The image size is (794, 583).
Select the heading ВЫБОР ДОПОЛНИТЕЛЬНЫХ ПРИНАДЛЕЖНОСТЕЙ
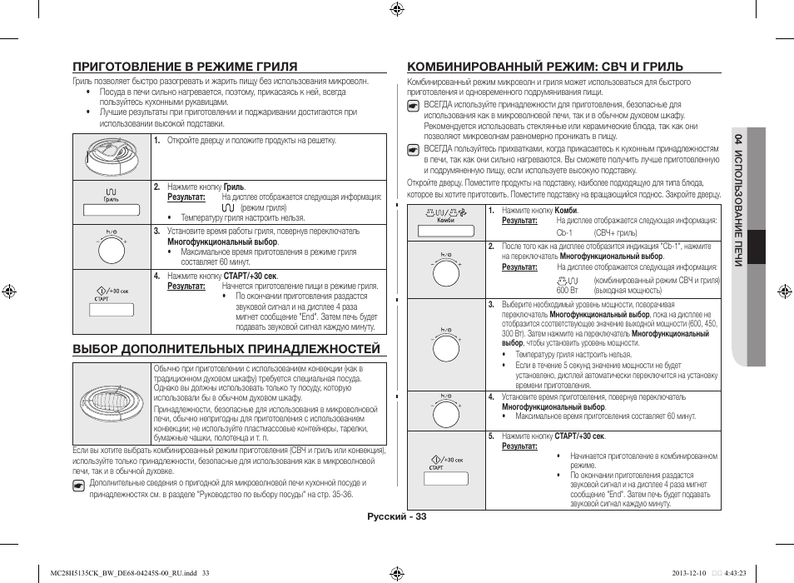tap(226, 349)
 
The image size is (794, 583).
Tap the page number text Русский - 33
tap(396, 516)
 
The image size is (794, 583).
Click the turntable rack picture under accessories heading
tap(112, 404)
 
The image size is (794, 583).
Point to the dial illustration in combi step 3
tap(444, 344)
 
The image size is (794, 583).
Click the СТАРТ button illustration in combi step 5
tap(444, 477)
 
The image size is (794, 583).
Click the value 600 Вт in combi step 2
tap(568, 291)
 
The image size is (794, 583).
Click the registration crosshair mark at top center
tap(396, 10)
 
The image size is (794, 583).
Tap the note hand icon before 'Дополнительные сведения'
tap(78, 483)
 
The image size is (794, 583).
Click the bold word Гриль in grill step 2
tap(234, 187)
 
